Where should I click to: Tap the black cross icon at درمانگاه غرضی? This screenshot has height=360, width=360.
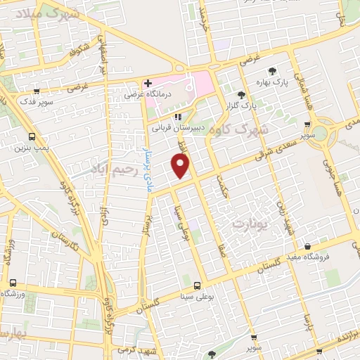pos(148,83)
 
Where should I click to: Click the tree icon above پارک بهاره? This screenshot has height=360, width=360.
pos(272,70)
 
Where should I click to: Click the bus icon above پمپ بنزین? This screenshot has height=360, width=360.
pos(31,136)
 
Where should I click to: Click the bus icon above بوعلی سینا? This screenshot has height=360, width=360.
pos(197,285)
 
